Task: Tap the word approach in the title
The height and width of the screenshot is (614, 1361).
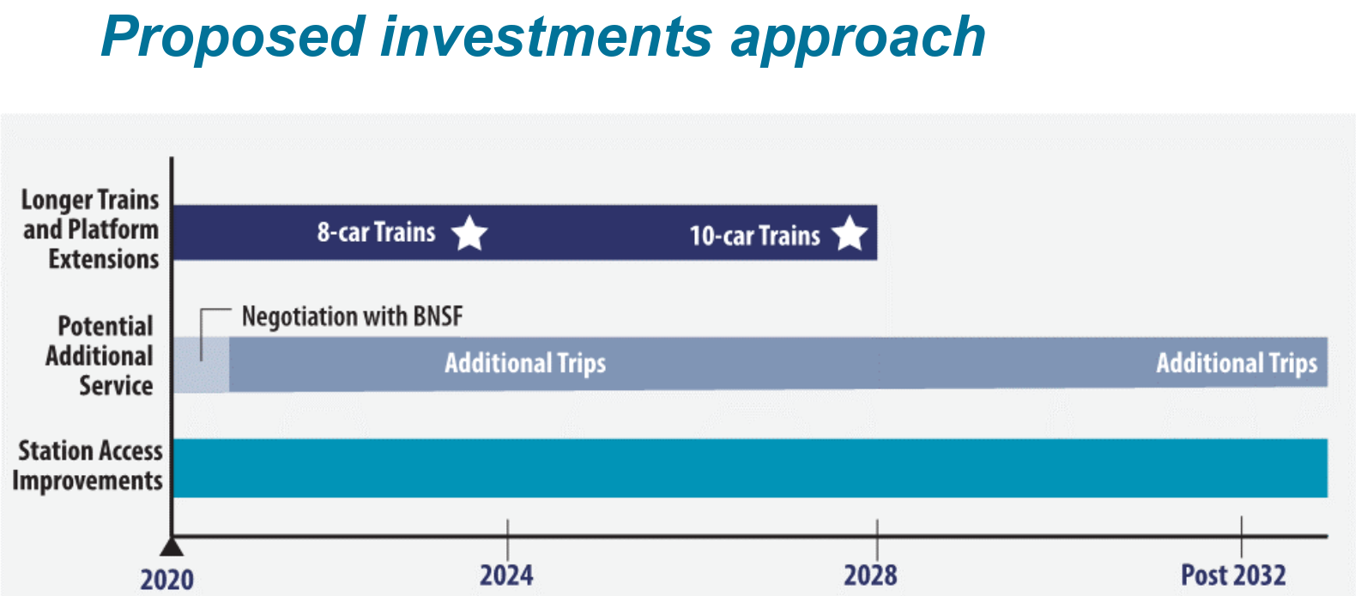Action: pos(857,38)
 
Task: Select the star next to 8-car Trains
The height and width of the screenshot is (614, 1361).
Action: pos(469,233)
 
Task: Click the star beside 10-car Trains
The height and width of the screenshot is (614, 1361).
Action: pos(850,233)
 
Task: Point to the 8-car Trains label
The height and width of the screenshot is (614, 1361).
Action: pos(376,232)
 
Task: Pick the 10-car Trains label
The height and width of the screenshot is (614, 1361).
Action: pos(754,236)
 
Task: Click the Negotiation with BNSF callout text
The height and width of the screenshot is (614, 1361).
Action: pos(352,316)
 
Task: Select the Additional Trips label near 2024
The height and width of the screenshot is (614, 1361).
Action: pos(525,364)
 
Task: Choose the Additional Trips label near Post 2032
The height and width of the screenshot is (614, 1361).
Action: pos(1237,364)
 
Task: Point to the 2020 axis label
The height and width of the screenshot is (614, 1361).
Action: pos(166,580)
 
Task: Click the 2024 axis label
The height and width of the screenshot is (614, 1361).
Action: pos(506,575)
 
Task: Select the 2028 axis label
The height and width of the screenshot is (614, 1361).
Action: pos(870,575)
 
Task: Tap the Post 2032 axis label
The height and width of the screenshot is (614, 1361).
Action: pos(1233,575)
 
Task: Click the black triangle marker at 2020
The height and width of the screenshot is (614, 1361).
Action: pos(172,546)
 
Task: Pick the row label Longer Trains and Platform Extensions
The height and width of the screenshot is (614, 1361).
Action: pos(91,229)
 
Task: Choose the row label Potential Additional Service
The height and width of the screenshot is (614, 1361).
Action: pos(100,356)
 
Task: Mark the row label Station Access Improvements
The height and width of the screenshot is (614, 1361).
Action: pos(88,466)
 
